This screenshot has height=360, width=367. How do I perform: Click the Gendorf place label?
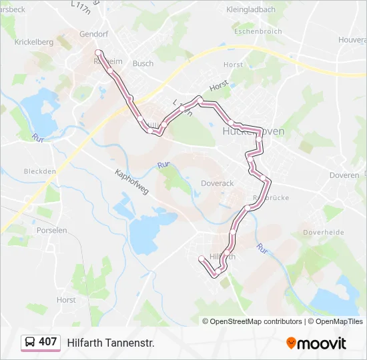pos(93,33)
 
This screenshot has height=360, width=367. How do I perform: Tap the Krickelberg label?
pos(33,41)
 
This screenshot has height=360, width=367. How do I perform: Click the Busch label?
pos(143,63)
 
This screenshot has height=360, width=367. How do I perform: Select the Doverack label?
pos(217,183)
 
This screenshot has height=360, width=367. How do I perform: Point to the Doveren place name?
pos(344,175)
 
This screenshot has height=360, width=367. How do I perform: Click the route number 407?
pos(47,342)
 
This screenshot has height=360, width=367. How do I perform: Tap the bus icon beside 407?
pos(30,342)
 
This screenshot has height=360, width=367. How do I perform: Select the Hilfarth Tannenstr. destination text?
pos(110,343)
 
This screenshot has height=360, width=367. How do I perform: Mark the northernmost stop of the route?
pos(98,52)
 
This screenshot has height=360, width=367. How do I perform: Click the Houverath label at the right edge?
pos(352,40)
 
